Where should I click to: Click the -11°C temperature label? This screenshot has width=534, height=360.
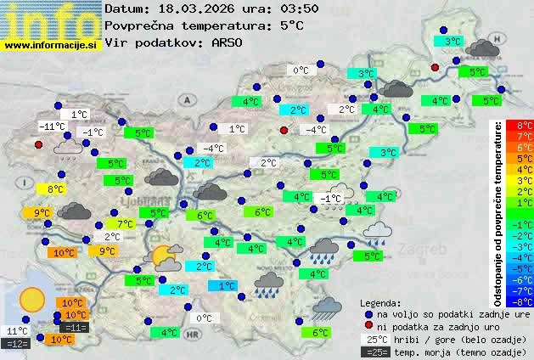pos(53,127)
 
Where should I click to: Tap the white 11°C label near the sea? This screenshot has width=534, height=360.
pos(17,331)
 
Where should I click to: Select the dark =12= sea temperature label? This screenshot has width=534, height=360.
pos(17,343)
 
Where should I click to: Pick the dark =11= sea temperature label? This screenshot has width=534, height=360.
pos(74,327)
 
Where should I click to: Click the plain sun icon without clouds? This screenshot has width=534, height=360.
pos(32,299)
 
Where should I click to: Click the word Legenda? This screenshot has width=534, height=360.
pos(380,302)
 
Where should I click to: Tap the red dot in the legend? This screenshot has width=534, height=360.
pos(368,325)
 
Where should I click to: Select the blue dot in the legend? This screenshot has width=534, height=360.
pos(368,313)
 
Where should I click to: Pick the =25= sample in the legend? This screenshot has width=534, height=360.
pos(376,351)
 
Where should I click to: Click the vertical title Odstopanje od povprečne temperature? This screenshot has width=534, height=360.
pos(498,212)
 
